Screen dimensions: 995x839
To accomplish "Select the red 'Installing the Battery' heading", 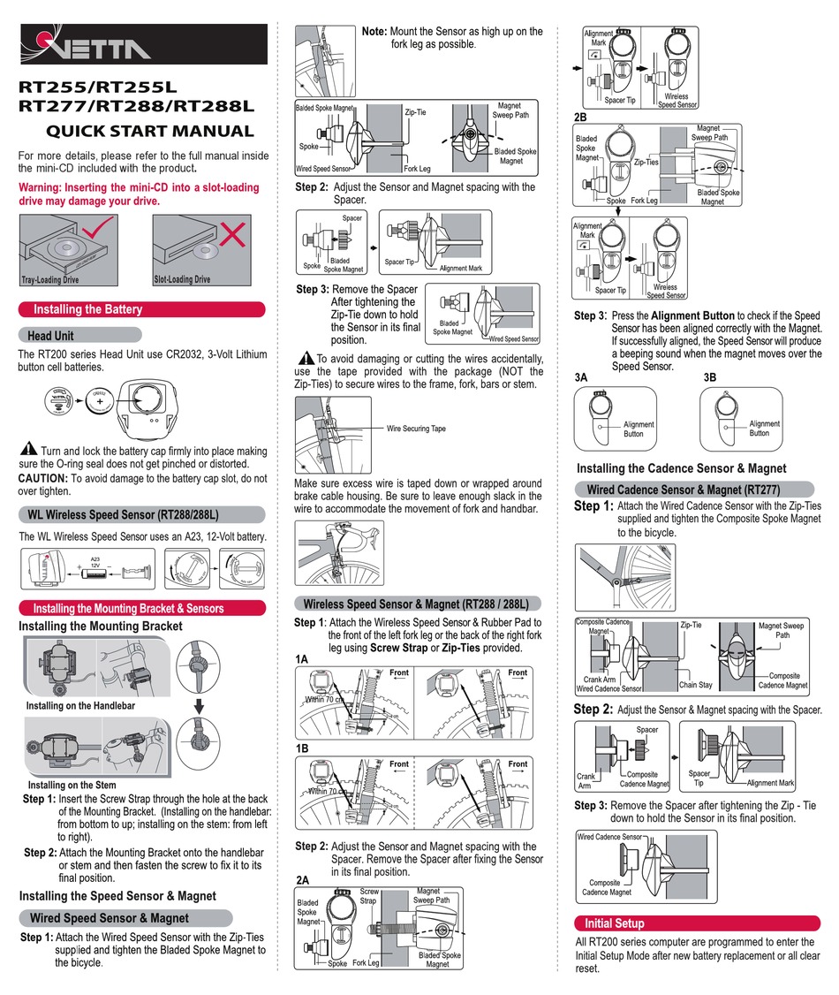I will (x=87, y=309).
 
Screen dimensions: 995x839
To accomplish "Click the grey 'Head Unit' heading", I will (x=50, y=336).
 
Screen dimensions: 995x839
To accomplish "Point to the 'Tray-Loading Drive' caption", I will (x=49, y=280).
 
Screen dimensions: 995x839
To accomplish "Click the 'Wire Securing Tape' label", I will (x=417, y=429).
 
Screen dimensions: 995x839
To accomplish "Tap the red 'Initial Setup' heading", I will (x=615, y=923).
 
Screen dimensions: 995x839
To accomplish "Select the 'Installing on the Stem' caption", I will (x=72, y=785).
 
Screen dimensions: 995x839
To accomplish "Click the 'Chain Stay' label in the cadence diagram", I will (x=696, y=685).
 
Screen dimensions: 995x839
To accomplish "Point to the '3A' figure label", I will (x=581, y=377).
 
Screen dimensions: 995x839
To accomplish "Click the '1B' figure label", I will (x=302, y=747).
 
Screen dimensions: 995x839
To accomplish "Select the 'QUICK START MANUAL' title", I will (x=149, y=132).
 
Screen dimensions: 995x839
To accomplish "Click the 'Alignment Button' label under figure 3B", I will (x=760, y=429).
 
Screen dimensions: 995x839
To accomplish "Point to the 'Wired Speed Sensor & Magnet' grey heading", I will (x=109, y=918).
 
